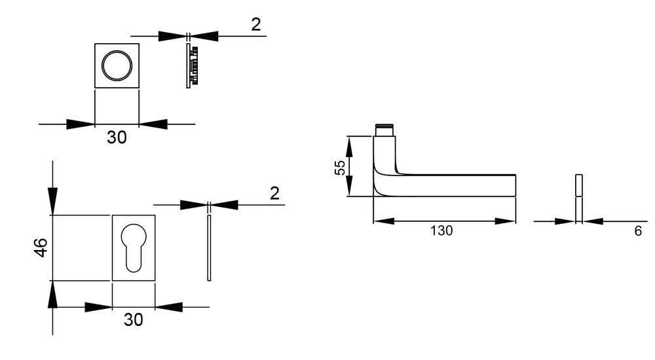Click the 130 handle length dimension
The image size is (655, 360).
[441, 230]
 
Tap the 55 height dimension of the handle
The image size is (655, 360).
[340, 168]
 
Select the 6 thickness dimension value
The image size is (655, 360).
[638, 231]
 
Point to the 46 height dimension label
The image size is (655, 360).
[41, 247]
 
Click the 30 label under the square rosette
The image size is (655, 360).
[117, 137]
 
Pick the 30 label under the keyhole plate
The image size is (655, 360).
[133, 320]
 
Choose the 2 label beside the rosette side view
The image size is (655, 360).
[256, 25]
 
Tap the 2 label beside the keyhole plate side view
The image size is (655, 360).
[274, 193]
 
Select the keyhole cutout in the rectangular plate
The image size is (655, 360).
[134, 248]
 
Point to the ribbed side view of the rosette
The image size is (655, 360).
[192, 65]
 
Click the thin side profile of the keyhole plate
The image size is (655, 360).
[209, 248]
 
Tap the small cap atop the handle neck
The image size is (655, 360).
[384, 126]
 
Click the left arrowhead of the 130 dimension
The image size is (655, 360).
[383, 221]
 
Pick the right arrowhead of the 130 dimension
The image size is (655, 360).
[506, 221]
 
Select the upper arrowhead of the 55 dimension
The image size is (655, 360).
[350, 147]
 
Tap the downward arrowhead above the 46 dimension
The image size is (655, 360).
[52, 202]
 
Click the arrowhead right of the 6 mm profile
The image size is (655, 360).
[592, 221]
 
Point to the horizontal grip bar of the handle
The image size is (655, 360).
[455, 185]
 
